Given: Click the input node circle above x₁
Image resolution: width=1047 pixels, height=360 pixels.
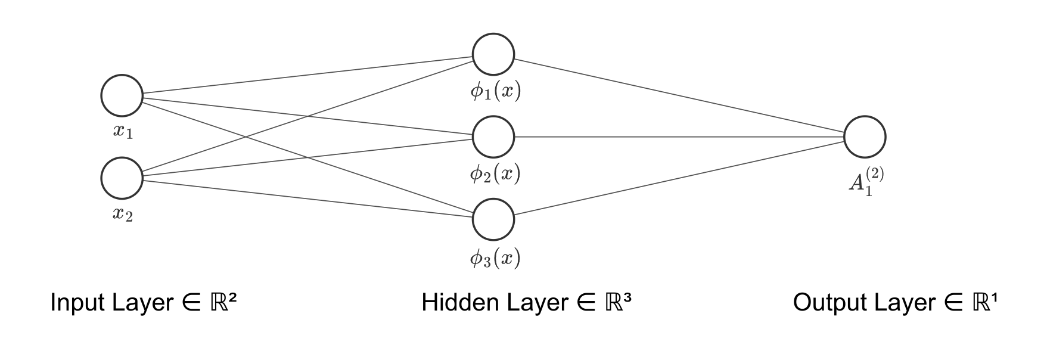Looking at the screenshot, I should click(x=122, y=95).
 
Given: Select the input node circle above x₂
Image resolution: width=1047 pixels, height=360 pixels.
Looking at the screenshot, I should click(x=122, y=178).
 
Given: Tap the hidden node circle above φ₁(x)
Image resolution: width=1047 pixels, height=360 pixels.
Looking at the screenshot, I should click(x=493, y=54).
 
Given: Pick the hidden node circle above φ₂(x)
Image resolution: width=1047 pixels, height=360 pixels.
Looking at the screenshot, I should click(x=493, y=137).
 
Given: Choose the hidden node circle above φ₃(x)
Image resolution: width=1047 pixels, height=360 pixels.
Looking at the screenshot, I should click(x=493, y=219).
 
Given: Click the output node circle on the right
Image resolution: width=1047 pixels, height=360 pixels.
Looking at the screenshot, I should click(x=865, y=136).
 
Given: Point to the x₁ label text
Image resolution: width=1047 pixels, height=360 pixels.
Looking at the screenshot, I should click(x=123, y=131).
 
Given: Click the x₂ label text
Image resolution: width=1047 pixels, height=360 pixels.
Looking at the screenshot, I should click(x=123, y=214).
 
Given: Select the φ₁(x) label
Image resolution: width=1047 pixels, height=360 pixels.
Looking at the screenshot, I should click(x=495, y=91).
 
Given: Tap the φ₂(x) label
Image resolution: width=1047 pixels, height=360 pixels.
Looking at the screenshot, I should click(x=495, y=174).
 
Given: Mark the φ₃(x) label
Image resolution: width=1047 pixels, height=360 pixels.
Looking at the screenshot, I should click(x=495, y=258).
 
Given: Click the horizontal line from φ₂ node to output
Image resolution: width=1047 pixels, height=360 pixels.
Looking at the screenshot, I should click(x=679, y=137).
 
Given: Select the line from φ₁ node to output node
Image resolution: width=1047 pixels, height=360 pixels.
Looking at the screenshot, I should click(x=679, y=95).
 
